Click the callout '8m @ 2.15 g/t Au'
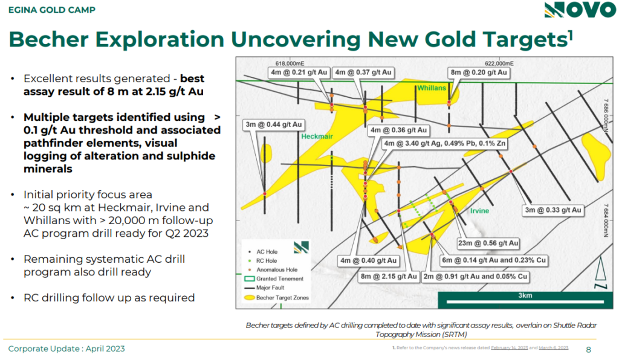[389, 277]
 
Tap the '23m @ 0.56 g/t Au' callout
[488, 243]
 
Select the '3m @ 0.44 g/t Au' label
[274, 124]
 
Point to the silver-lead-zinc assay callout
[445, 143]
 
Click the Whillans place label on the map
[432, 88]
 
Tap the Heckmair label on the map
[317, 137]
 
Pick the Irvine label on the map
[479, 211]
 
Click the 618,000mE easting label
[290, 63]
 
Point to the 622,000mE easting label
[499, 63]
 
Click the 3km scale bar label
[525, 295]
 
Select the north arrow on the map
[600, 272]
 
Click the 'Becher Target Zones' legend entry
[277, 298]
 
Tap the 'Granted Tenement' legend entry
[274, 279]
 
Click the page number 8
[589, 350]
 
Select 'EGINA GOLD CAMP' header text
[52, 10]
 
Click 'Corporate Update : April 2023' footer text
[66, 349]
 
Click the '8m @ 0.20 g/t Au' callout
[479, 72]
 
